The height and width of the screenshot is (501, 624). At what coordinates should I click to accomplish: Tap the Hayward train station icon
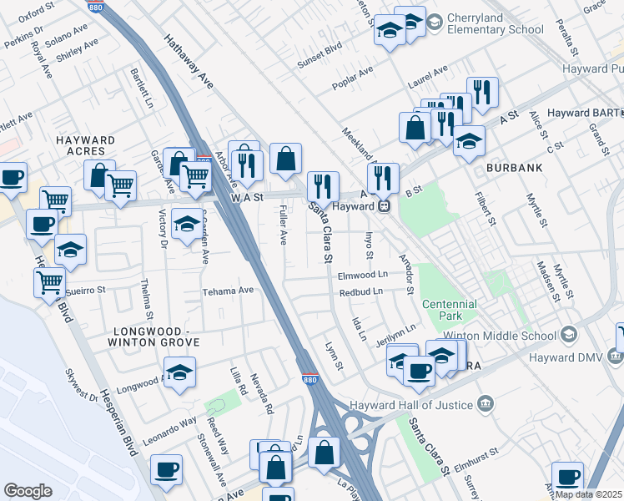(384, 206)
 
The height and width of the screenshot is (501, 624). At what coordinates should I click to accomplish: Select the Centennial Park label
(449, 310)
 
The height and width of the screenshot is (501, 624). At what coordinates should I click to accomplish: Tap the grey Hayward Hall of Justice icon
(485, 405)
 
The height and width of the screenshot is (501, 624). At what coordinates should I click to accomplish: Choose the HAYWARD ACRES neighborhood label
(85, 145)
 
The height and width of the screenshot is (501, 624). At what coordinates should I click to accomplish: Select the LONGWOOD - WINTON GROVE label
(156, 337)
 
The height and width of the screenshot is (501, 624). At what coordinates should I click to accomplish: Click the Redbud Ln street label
(360, 291)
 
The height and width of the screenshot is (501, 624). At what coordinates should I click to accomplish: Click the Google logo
(28, 491)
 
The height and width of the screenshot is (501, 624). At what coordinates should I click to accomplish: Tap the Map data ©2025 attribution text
(587, 494)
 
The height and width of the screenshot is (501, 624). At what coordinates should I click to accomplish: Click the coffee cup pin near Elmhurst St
(567, 476)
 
